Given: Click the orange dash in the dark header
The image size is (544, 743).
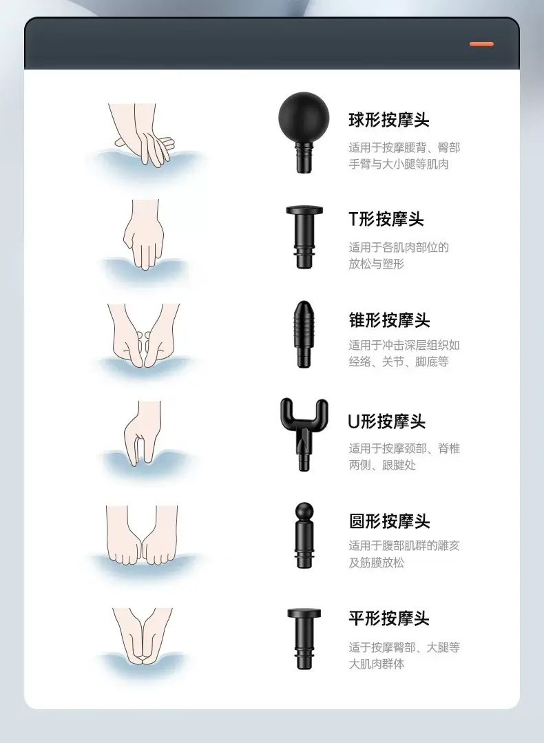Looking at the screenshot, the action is pos(481,44).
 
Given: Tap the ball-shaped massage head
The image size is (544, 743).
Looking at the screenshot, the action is pos(304,130).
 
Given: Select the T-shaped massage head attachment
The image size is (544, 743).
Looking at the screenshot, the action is pos(304,236).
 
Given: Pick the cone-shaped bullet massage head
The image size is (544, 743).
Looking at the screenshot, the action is pos(304,334).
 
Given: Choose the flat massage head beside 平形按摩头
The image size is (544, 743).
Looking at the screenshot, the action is pos(304,638).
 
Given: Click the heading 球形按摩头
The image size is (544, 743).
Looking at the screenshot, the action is pos(389,120).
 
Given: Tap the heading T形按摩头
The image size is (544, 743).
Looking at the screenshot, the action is pos(386,220).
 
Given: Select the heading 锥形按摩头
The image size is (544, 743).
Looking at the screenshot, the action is pos(390,320).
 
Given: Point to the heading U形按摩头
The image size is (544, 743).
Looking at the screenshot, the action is pos(387,421).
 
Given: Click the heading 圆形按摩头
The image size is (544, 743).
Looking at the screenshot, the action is pos(390,521).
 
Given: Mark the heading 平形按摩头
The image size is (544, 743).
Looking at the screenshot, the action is pos(389,618).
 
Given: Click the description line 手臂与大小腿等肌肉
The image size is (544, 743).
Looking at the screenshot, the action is pos(399,165).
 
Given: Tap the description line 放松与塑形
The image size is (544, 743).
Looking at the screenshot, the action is pos(376,264).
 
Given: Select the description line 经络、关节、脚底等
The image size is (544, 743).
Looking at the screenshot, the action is pos(399,362).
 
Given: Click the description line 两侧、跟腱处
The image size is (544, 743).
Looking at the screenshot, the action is pos(382,465).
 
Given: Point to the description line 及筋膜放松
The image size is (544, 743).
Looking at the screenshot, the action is pos(376,563).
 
